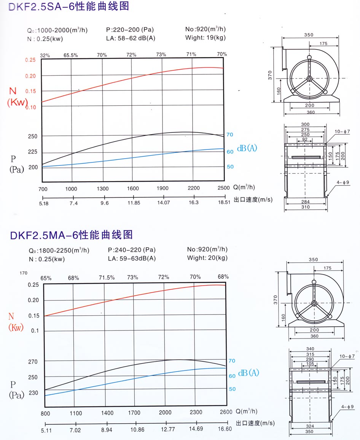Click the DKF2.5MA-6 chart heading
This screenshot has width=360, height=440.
coord(71,235)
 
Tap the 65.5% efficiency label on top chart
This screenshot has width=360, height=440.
coord(71,55)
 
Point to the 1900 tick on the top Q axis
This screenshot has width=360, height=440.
coord(162,188)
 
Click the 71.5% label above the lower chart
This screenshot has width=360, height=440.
coord(107,278)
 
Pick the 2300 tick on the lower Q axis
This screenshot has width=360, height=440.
coord(196,412)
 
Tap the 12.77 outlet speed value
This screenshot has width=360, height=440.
coord(166,429)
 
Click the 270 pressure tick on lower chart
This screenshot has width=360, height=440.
coord(33,362)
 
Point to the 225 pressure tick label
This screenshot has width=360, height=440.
coord(33,152)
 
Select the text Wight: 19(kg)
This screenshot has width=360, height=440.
coord(205,38)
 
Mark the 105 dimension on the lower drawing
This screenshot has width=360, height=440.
coord(311,364)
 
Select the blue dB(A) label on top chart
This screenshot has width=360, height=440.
coord(247,148)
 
